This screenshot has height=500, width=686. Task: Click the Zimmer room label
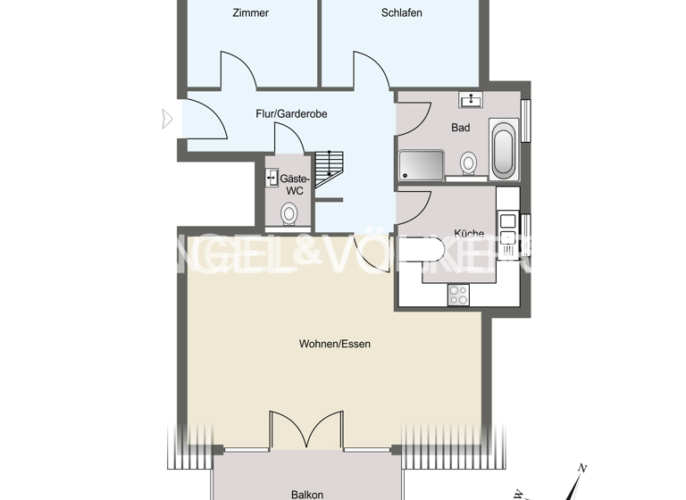click(x=250, y=12)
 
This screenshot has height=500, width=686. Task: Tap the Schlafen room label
click(x=401, y=12)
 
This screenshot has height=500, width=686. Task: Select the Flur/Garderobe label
click(x=291, y=114)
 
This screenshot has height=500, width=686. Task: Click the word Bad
click(x=460, y=128)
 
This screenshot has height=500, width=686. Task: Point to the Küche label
click(x=469, y=234)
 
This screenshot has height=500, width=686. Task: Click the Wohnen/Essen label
click(x=334, y=344)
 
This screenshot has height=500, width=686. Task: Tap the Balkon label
click(x=306, y=494)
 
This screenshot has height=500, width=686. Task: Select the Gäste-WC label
click(x=295, y=184)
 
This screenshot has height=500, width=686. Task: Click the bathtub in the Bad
click(x=503, y=152)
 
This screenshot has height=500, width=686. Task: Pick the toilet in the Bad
click(x=468, y=163)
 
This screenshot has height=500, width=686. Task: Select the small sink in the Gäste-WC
click(x=272, y=179)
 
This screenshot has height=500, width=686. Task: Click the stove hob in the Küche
click(x=458, y=294)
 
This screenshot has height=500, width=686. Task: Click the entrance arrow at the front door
click(x=167, y=119)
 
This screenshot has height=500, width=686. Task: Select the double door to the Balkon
click(x=306, y=430)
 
